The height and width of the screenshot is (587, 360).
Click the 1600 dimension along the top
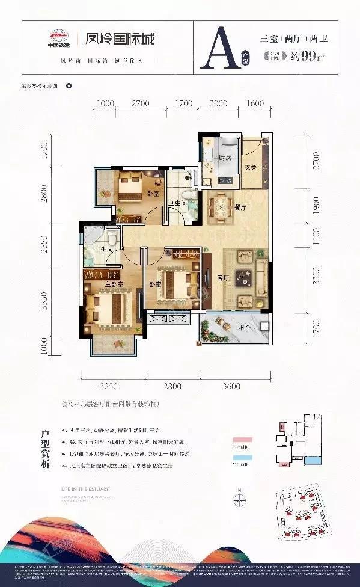[255, 103]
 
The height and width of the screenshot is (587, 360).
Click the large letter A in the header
[217, 51]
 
